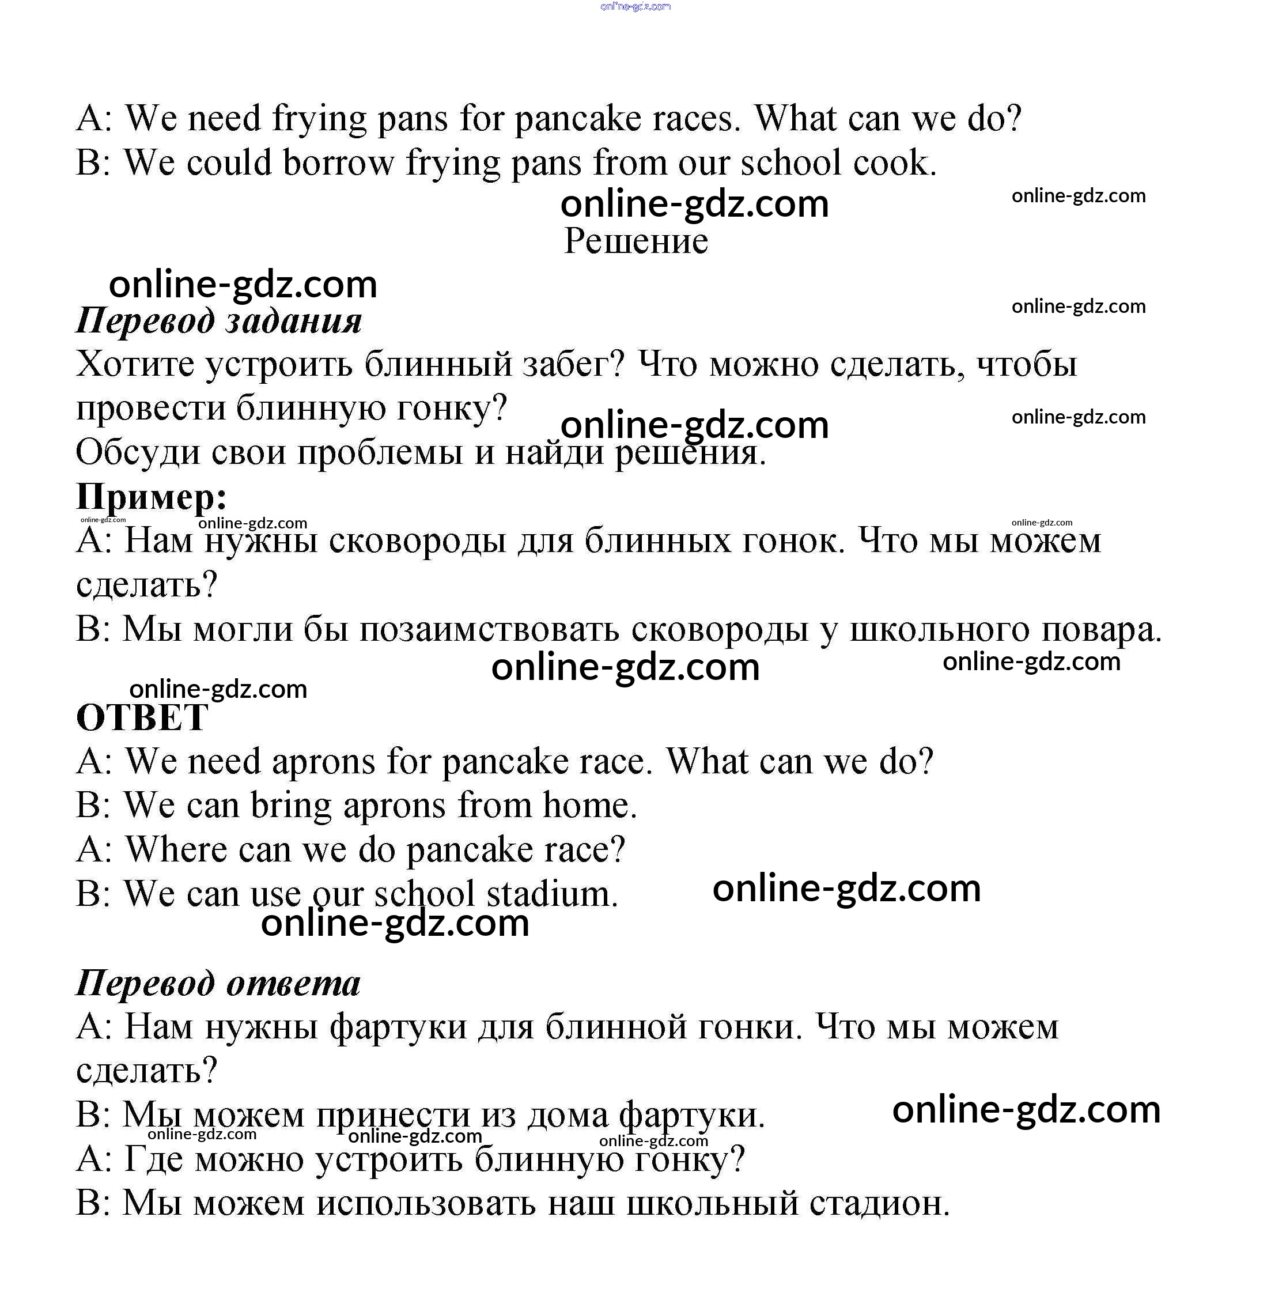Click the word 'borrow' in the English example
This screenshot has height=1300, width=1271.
(338, 163)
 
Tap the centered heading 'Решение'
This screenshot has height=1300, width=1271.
(635, 241)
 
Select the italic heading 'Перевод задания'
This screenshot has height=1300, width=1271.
(219, 320)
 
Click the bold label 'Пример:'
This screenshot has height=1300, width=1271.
(152, 497)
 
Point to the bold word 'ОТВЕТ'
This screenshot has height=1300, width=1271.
(142, 719)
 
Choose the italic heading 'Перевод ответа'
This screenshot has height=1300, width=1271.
(218, 984)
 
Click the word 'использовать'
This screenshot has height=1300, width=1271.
(426, 1204)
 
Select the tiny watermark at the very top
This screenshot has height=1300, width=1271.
(635, 7)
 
